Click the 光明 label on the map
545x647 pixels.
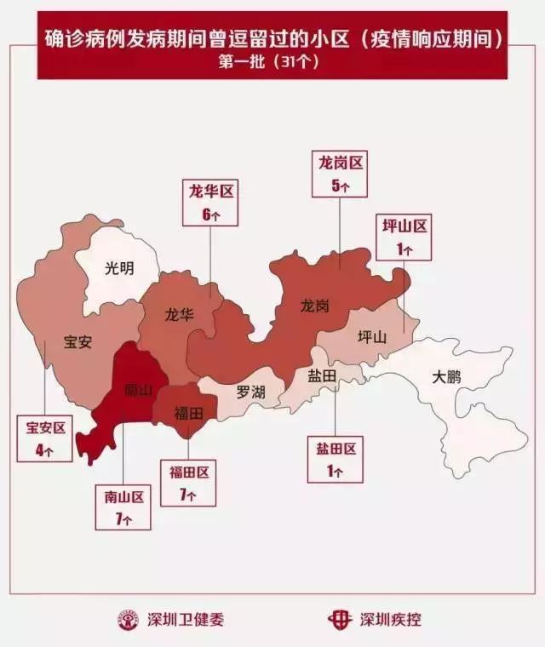click(119, 268)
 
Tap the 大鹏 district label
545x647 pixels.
click(446, 376)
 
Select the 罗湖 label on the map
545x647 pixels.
click(250, 392)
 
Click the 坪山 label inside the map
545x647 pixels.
click(371, 336)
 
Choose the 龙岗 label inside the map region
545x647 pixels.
click(314, 306)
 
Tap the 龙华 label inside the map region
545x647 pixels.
click(179, 313)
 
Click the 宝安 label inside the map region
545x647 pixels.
click(77, 342)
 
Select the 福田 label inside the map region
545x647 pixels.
click(188, 414)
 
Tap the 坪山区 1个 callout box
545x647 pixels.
click(404, 236)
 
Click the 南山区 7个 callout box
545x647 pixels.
click(123, 507)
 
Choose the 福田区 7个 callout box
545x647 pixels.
click(188, 482)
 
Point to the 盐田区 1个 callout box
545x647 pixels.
click(336, 459)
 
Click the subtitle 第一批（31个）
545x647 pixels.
click(272, 61)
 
